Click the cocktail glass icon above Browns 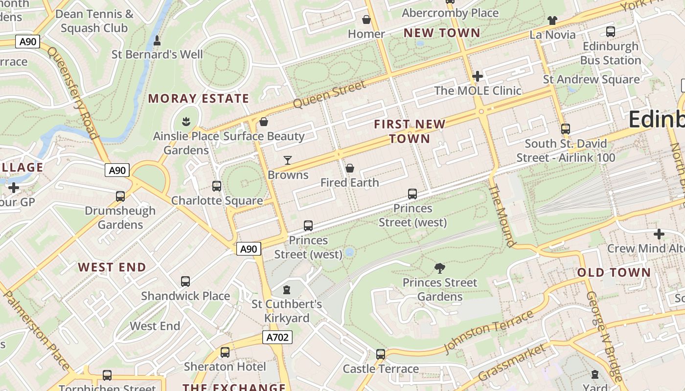pyautogui.click(x=288, y=160)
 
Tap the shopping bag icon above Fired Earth pyautogui.click(x=350, y=169)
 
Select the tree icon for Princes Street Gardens pyautogui.click(x=439, y=267)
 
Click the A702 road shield pyautogui.click(x=277, y=337)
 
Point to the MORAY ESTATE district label pyautogui.click(x=199, y=98)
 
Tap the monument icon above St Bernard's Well pyautogui.click(x=157, y=40)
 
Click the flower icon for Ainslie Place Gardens pyautogui.click(x=186, y=121)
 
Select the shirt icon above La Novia pyautogui.click(x=552, y=20)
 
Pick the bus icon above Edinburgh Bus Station pyautogui.click(x=611, y=32)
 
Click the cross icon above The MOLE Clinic pyautogui.click(x=478, y=76)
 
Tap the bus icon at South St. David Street pyautogui.click(x=566, y=129)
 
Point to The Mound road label pyautogui.click(x=502, y=216)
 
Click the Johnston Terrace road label pyautogui.click(x=488, y=331)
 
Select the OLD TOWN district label pyautogui.click(x=614, y=273)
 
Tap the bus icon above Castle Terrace pyautogui.click(x=381, y=354)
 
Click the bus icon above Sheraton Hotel pyautogui.click(x=225, y=352)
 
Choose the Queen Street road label pyautogui.click(x=329, y=94)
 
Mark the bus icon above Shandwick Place pyautogui.click(x=185, y=282)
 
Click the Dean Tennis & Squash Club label pyautogui.click(x=94, y=21)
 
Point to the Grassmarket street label pyautogui.click(x=511, y=363)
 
